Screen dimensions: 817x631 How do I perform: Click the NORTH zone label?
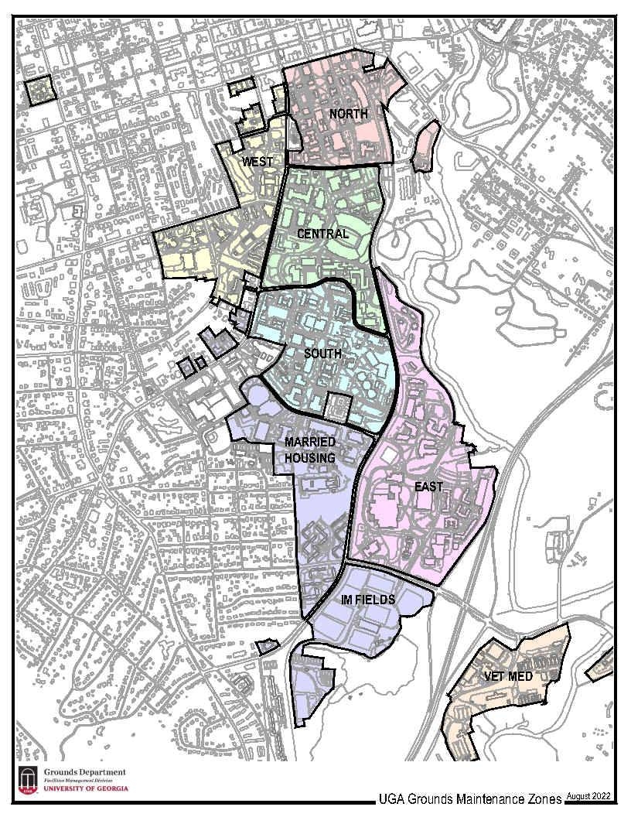click(348, 115)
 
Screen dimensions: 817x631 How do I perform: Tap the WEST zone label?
click(258, 162)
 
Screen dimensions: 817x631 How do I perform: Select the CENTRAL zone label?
click(322, 234)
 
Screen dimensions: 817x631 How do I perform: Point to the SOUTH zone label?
click(323, 354)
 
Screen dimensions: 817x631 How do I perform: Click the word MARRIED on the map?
click(310, 442)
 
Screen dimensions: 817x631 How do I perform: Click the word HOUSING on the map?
click(310, 457)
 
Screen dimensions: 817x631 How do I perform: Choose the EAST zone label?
click(428, 487)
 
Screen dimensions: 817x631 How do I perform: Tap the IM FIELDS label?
click(368, 600)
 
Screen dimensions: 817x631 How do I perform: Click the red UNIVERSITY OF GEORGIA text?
click(85, 789)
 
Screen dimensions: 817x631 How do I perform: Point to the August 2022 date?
click(589, 795)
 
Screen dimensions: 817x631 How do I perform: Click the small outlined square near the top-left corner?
click(40, 90)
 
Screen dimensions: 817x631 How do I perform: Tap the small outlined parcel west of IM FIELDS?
click(267, 646)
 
